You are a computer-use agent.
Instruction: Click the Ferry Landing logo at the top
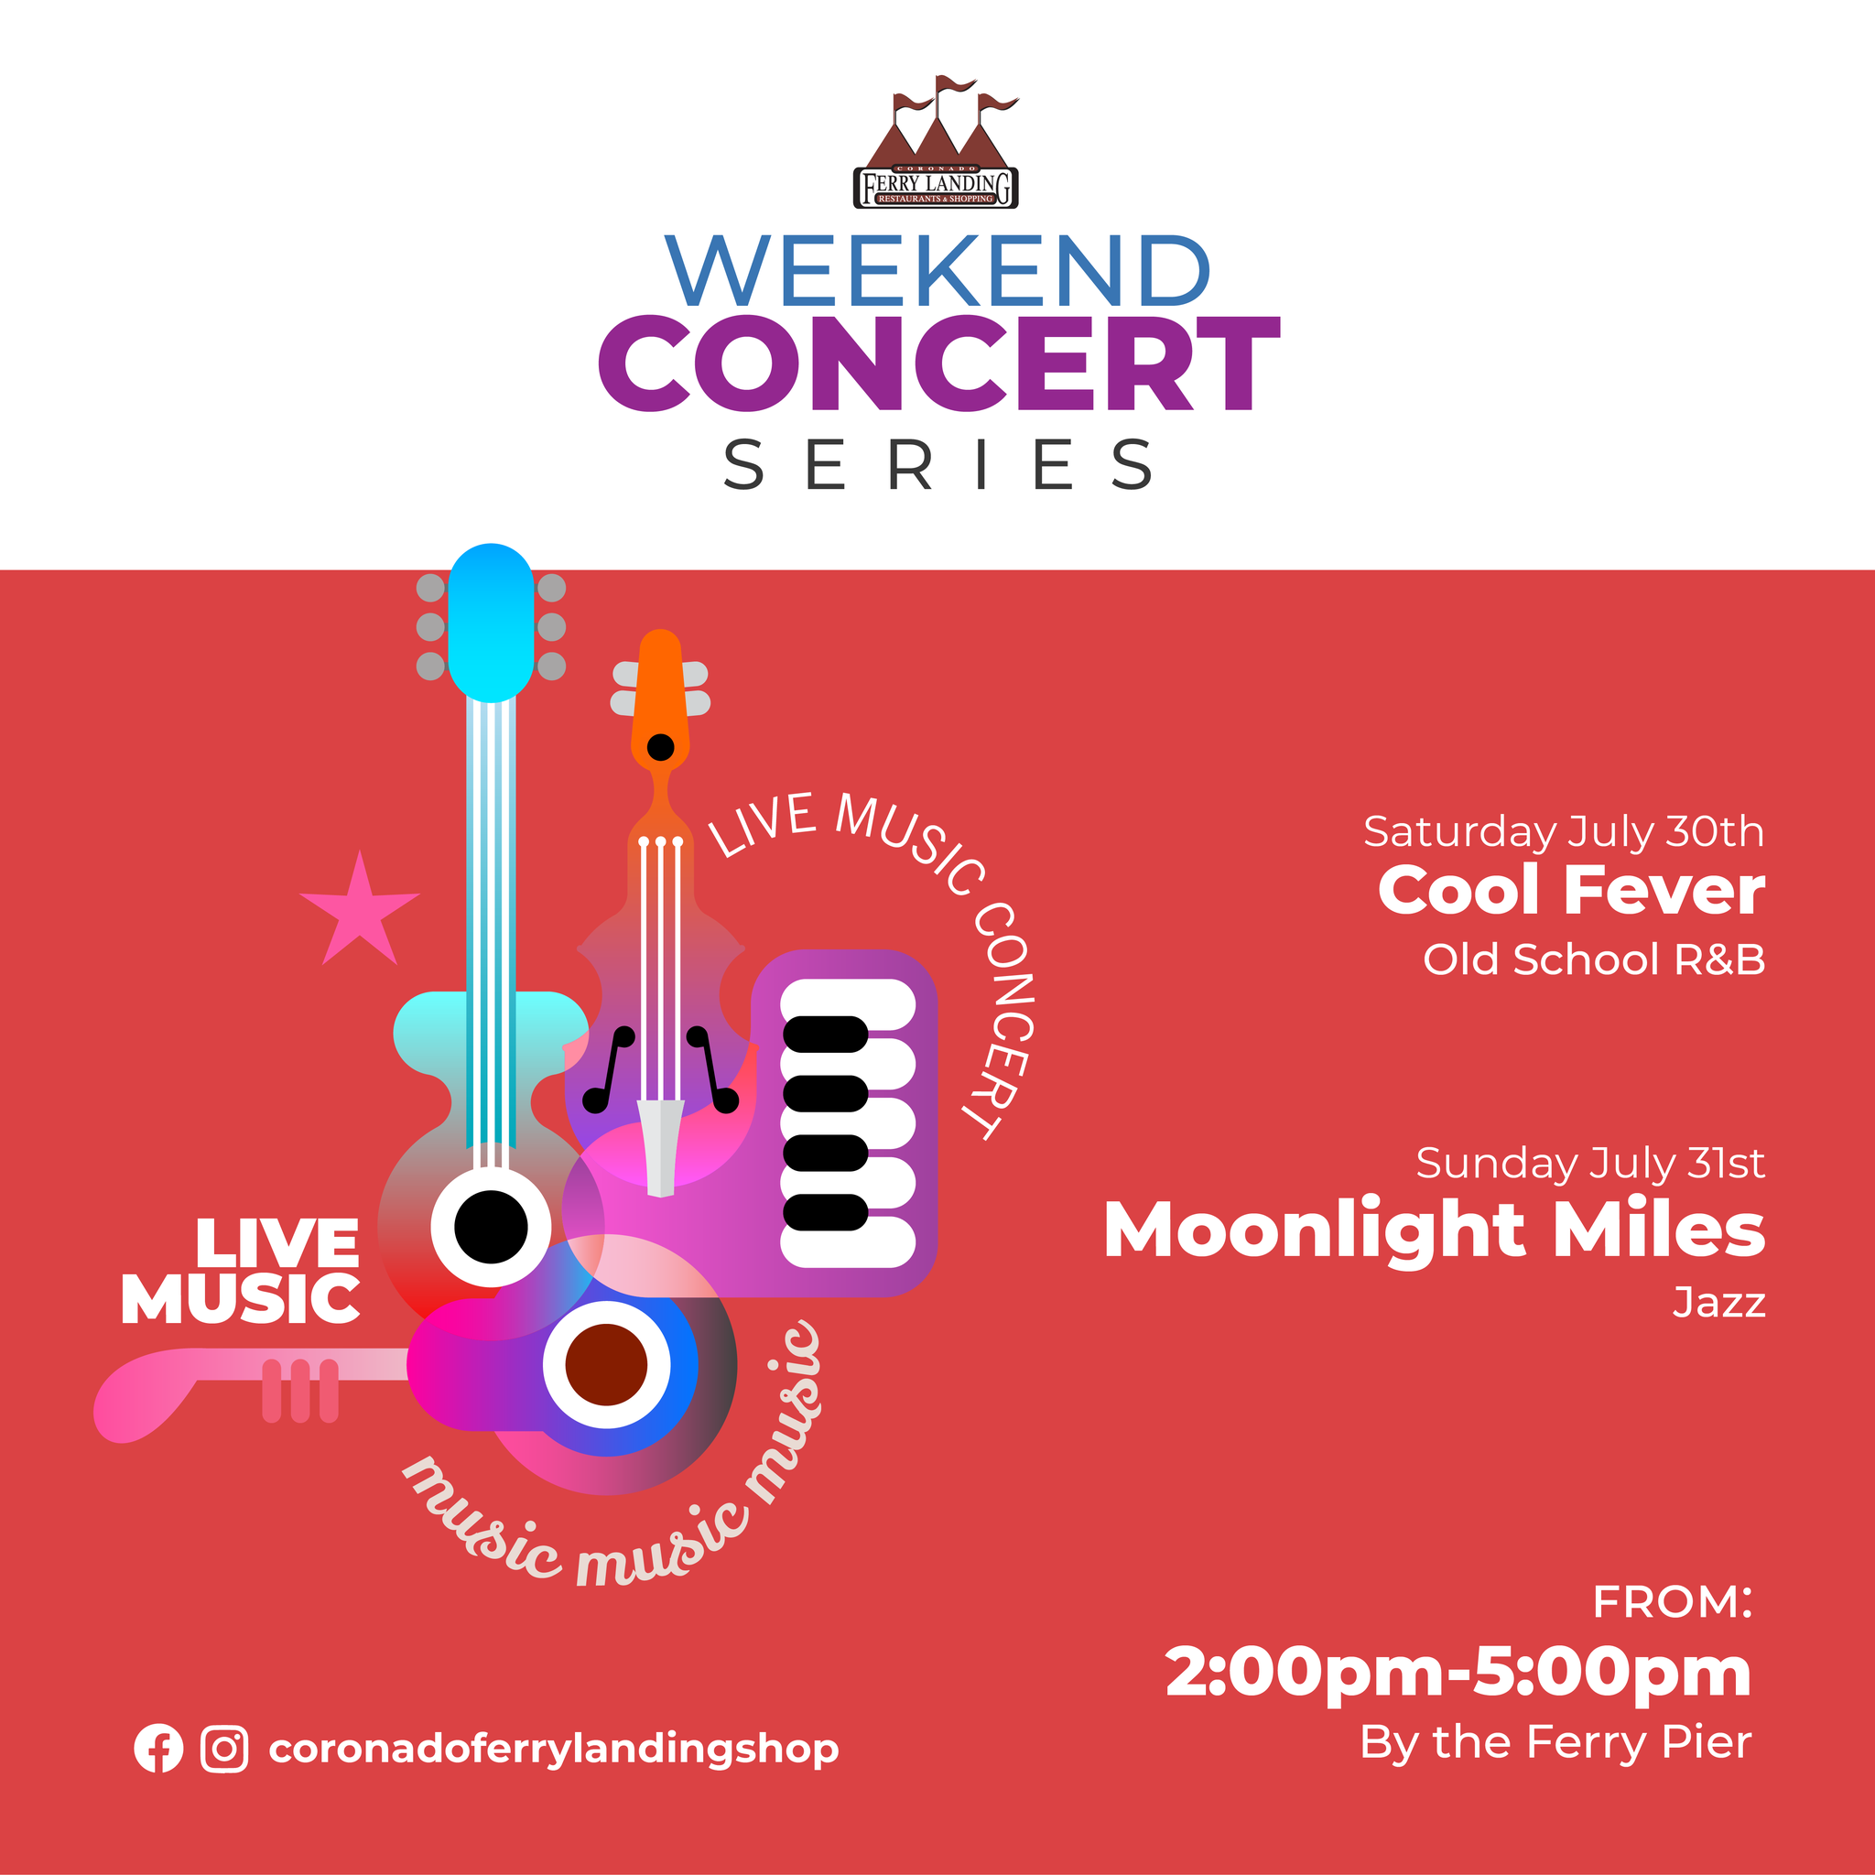[936, 142]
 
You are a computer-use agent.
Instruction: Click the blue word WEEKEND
[937, 271]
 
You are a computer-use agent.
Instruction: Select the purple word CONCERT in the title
[938, 363]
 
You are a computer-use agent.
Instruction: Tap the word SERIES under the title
[937, 464]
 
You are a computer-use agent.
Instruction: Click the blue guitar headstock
[491, 621]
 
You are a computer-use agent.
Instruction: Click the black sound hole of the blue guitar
[491, 1227]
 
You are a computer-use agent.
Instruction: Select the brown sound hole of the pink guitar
[607, 1363]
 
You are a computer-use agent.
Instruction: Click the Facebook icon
[158, 1749]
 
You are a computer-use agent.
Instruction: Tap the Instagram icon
[224, 1749]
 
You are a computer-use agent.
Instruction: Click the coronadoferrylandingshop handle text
[553, 1750]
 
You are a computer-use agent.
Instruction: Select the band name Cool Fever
[1571, 890]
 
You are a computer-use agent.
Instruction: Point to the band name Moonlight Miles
[1435, 1230]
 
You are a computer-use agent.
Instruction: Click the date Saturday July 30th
[1564, 831]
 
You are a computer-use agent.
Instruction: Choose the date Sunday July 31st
[1589, 1163]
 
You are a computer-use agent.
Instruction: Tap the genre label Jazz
[1718, 1303]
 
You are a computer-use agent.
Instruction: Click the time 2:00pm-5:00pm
[1458, 1672]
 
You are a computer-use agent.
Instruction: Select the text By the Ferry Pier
[1555, 1742]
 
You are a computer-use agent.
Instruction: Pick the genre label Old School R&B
[1594, 959]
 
